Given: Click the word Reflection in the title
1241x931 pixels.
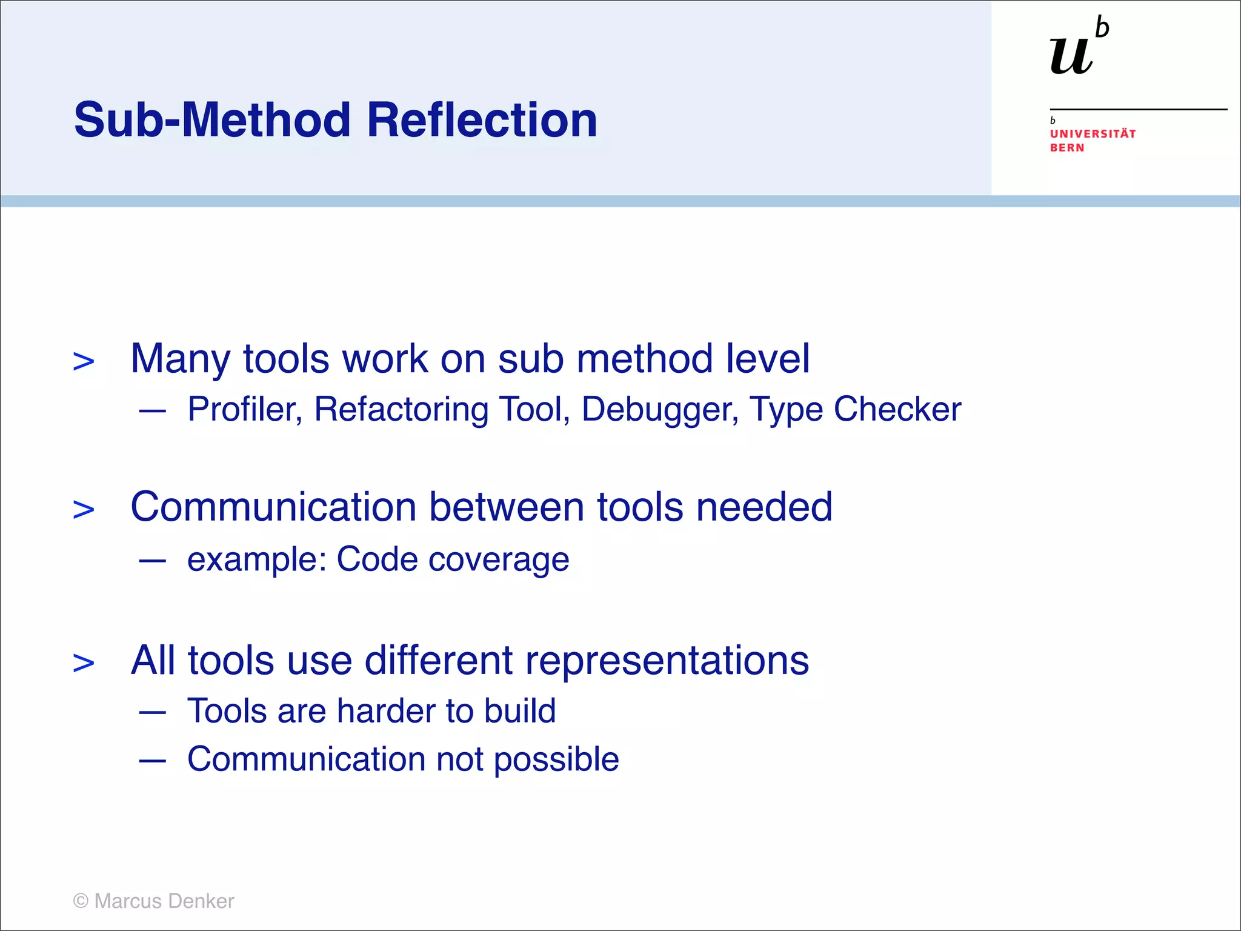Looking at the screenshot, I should coord(482,120).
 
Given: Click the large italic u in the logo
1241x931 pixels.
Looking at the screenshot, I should coord(1071,56).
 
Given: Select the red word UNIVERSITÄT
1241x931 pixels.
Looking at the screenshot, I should coord(1093,134).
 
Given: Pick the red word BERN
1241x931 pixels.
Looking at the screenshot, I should coord(1066,148).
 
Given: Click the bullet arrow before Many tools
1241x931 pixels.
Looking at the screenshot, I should coord(84,362).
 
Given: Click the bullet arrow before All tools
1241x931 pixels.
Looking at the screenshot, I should coord(84,663).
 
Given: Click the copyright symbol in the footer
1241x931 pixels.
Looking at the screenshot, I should coord(81,901).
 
